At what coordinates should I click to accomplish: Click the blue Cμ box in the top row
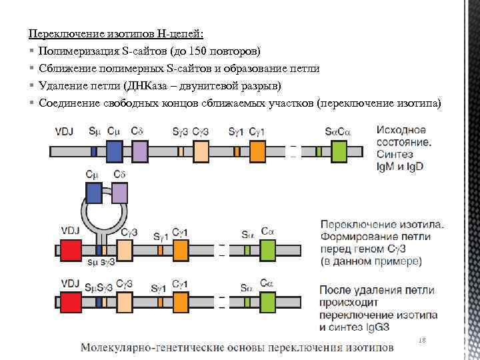pos(115,151)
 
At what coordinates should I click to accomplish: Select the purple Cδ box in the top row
pos(139,151)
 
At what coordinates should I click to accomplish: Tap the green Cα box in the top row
pos(339,151)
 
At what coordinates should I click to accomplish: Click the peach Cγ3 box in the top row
pos(199,151)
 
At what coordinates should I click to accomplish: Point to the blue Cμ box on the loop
pos(95,193)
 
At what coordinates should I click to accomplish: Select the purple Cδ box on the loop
pos(119,193)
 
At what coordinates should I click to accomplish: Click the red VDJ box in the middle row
pos(70,250)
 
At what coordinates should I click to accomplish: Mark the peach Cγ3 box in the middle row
pos(129,250)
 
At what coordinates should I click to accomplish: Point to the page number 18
pos(422,341)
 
